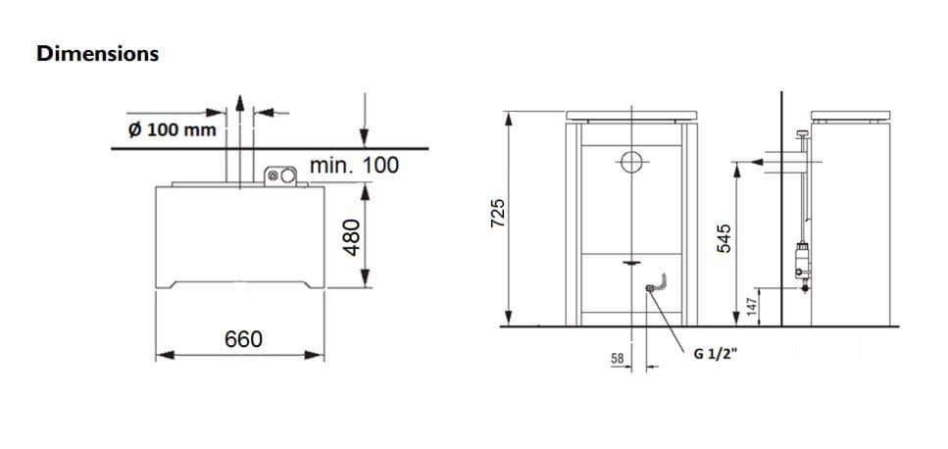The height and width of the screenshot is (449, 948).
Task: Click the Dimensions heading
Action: tap(97, 53)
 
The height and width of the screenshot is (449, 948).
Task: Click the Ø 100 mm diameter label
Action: tap(173, 129)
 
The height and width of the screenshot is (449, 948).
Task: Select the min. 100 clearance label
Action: tap(354, 165)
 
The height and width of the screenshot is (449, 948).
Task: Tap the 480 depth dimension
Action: tap(351, 237)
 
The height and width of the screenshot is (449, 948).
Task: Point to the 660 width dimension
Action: tap(243, 339)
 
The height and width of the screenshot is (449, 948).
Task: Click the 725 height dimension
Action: tap(498, 213)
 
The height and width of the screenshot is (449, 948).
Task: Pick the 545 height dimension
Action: tap(723, 238)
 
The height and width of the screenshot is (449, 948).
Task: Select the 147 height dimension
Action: tap(752, 307)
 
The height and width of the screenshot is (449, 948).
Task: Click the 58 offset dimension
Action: tap(618, 359)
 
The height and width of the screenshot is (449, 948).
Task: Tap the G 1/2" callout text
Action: tap(716, 355)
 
